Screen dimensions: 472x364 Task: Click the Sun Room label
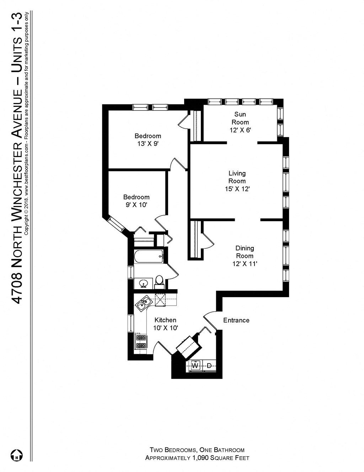click(240, 118)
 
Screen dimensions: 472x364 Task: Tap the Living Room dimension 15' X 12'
click(237, 189)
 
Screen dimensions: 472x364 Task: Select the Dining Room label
click(245, 252)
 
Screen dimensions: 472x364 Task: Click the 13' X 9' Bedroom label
click(148, 136)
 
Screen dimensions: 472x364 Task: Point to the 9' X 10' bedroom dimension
click(136, 205)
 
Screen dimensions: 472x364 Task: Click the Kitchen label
click(165, 320)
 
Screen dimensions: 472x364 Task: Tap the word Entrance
click(236, 320)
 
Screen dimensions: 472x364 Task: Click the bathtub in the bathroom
click(149, 256)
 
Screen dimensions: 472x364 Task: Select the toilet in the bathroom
click(159, 281)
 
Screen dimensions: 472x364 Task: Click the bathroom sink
click(144, 284)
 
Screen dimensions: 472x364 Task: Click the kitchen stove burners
click(141, 341)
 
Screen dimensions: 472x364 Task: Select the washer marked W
click(195, 365)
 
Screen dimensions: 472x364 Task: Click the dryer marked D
click(209, 365)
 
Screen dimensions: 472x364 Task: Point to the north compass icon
click(16, 455)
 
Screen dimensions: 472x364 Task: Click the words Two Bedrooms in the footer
click(172, 450)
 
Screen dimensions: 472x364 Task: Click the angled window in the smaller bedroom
click(116, 225)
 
